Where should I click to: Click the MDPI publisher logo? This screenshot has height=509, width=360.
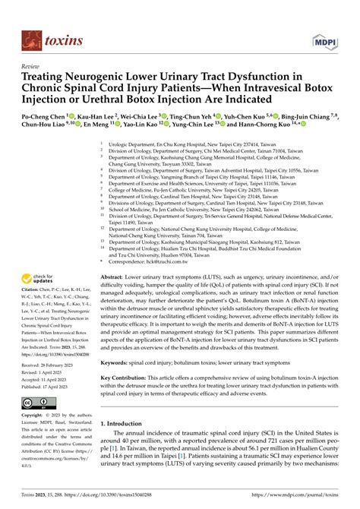[x=325, y=40]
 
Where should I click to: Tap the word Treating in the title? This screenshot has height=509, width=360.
[x=46, y=77]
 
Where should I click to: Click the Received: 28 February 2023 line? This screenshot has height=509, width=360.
[x=51, y=366]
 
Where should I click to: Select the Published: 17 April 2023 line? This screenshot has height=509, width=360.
[x=50, y=387]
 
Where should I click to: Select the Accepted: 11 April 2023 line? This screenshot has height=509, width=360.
[x=49, y=380]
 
